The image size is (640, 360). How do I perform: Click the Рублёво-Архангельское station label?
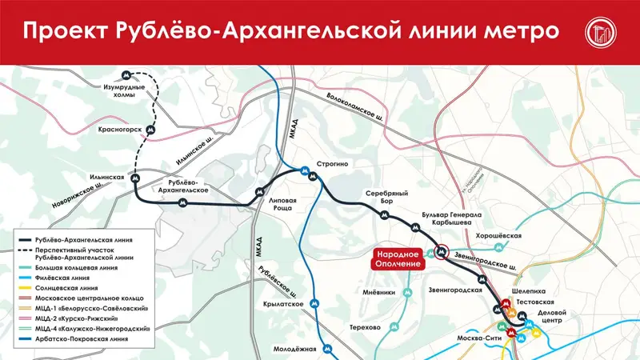pyautogui.click(x=185, y=186)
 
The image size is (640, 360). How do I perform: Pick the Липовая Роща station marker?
pyautogui.click(x=259, y=191)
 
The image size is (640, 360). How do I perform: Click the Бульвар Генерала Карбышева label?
pyautogui.click(x=454, y=220)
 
